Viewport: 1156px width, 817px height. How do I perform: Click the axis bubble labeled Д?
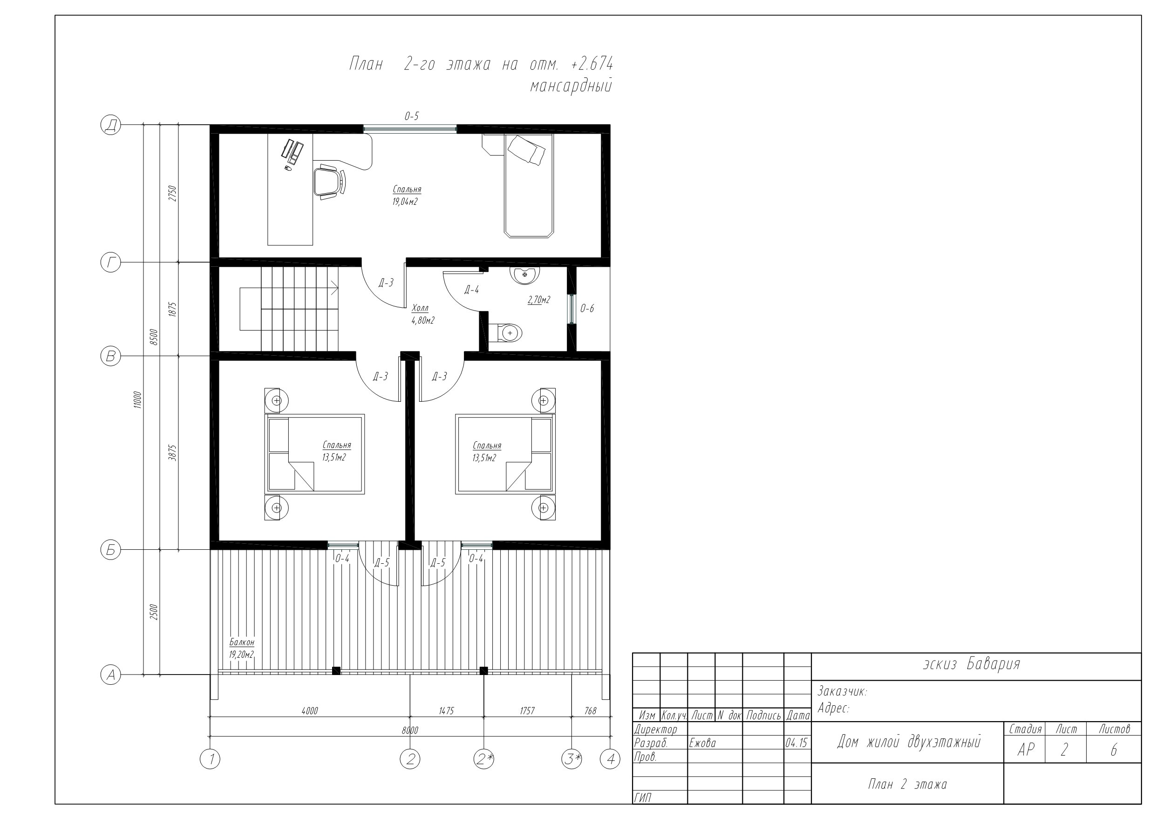tap(111, 124)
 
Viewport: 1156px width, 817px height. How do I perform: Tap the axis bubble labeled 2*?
tap(484, 759)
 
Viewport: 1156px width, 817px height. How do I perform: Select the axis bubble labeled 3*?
tap(571, 759)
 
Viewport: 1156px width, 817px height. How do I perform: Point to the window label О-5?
tap(411, 116)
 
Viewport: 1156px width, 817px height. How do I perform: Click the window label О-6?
tap(587, 309)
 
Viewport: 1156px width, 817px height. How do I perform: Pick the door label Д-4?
tap(471, 290)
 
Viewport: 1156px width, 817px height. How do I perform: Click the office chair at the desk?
tap(329, 182)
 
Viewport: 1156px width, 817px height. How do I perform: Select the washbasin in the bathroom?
tap(524, 274)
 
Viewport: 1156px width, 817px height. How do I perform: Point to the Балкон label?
tap(242, 642)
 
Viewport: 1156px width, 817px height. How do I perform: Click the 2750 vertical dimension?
tap(172, 193)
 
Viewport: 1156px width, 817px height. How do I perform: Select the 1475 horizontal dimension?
tap(446, 711)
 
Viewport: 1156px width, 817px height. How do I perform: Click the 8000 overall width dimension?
tap(410, 730)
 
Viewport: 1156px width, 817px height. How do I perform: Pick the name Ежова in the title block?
tap(702, 743)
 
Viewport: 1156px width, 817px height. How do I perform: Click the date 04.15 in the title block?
tap(796, 743)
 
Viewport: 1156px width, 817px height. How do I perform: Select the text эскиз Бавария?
tap(972, 664)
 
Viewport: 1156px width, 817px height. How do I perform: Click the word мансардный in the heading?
tap(571, 86)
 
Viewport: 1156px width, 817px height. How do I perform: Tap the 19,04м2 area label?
tap(405, 202)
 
